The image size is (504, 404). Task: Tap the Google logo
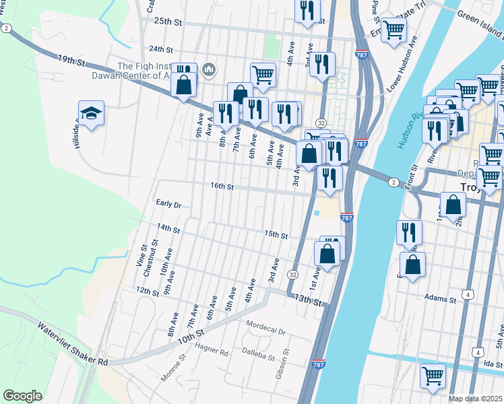22,396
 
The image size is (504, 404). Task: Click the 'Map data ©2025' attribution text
475,399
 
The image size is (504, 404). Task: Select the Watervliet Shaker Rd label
73,345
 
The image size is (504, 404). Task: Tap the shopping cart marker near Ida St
432,376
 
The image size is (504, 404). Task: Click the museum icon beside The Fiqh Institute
208,69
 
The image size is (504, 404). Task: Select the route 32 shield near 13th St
292,275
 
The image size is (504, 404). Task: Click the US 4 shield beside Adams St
467,295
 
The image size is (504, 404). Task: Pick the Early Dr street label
168,204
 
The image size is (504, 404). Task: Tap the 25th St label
168,22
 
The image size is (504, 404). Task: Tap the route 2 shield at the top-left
6,28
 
